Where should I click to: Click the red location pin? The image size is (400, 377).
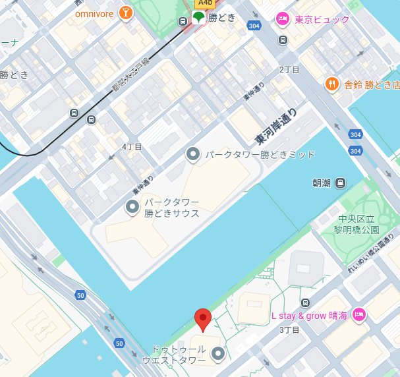(x=204, y=320)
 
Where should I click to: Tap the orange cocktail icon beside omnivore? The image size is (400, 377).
(x=125, y=13)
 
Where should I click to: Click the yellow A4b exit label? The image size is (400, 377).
(x=205, y=3)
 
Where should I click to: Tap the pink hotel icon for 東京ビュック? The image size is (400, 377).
(x=282, y=18)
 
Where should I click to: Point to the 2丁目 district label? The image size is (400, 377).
(x=289, y=70)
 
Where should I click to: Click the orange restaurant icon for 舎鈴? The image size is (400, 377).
(x=333, y=84)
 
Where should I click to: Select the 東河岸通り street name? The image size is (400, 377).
(x=276, y=127)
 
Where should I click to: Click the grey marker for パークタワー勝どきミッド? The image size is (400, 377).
(x=193, y=155)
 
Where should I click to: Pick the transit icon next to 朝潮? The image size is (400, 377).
(x=340, y=183)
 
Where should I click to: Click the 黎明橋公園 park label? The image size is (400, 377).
(x=357, y=225)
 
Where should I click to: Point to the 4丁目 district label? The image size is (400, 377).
(x=132, y=146)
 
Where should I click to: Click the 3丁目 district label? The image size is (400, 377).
(x=290, y=330)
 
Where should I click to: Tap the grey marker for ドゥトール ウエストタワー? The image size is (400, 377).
(x=218, y=355)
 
